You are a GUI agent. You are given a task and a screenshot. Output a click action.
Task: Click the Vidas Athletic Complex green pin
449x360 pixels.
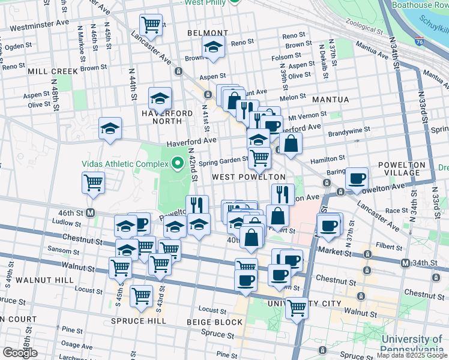point(177,163)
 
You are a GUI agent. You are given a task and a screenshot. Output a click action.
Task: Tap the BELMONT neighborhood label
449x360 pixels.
point(208,33)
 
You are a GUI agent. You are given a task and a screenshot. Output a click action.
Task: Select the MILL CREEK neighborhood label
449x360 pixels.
point(53,71)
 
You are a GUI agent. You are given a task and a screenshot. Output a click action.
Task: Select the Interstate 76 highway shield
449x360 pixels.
point(419,43)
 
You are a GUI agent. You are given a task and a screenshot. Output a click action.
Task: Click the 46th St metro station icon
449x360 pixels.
point(91,212)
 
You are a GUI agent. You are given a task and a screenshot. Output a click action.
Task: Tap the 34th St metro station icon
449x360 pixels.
point(405,263)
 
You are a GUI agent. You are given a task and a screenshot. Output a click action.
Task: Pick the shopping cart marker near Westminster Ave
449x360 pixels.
point(151,25)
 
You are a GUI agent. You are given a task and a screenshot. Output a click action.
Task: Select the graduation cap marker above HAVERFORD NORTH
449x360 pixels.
point(160,97)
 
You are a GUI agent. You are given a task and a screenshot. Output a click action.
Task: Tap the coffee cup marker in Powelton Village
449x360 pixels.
point(357,178)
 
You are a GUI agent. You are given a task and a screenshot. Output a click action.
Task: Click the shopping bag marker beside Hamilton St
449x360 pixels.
point(291,143)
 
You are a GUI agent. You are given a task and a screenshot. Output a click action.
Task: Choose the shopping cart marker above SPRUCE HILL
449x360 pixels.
point(141,295)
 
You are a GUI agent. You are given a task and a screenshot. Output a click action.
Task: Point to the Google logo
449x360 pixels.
point(20,353)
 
